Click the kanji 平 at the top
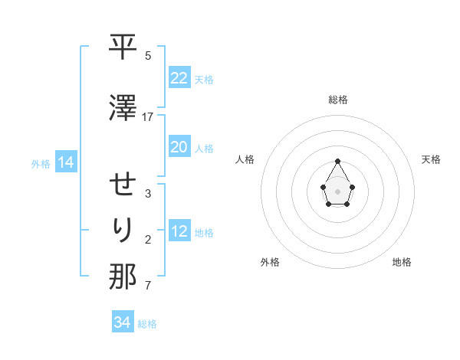[123, 47]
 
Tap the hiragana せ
[123, 184]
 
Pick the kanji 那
[123, 277]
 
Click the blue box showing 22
[179, 78]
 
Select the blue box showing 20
[179, 147]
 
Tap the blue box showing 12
[179, 231]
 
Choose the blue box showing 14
[65, 162]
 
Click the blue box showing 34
[122, 322]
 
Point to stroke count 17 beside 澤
[148, 116]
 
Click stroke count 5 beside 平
[148, 56]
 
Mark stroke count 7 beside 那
[148, 286]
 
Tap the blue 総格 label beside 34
[147, 324]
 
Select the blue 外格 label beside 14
[41, 163]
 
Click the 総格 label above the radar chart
[338, 100]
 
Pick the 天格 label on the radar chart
[431, 159]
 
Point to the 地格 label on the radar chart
[402, 262]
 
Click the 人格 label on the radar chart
[245, 159]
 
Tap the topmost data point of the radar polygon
[338, 161]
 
